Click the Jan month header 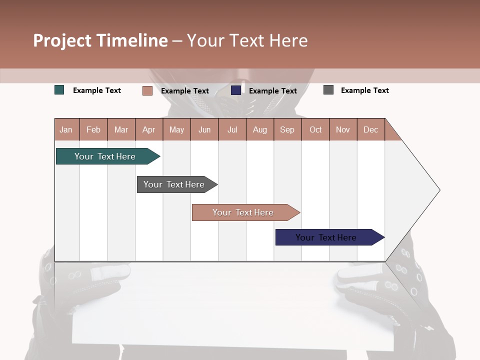tap(66, 129)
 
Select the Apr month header tap(149, 129)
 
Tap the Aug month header tap(260, 129)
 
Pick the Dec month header tap(370, 129)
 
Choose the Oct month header tap(315, 129)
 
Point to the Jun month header tap(204, 129)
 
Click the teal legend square tap(59, 90)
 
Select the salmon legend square tap(147, 90)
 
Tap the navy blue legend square tap(236, 90)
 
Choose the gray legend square tap(328, 90)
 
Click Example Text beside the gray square tap(364, 90)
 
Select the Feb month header tap(93, 129)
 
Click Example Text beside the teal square tap(97, 90)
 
